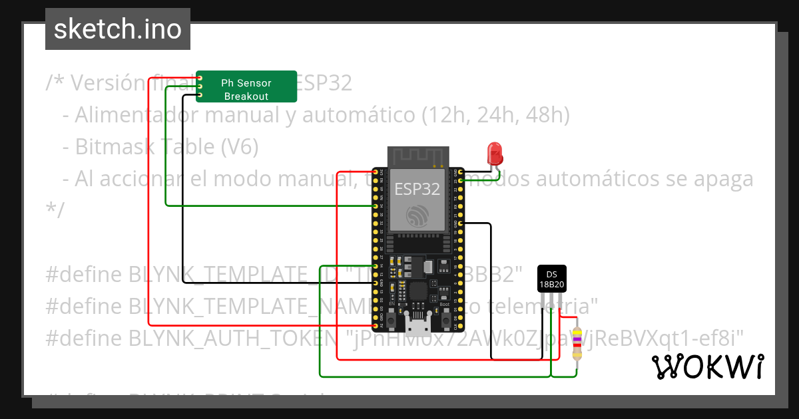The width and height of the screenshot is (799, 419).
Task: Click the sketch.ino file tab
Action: pyautogui.click(x=117, y=29)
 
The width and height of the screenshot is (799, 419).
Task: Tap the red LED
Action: pyautogui.click(x=495, y=154)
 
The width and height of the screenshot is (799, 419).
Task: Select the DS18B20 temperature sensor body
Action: pyautogui.click(x=551, y=279)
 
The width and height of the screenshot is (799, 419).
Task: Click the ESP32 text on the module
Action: pyautogui.click(x=417, y=189)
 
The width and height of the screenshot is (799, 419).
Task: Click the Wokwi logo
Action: pyautogui.click(x=707, y=366)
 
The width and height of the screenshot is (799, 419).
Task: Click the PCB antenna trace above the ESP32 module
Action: pyautogui.click(x=417, y=156)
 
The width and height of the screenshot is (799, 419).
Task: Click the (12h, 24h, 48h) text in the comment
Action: pyautogui.click(x=496, y=115)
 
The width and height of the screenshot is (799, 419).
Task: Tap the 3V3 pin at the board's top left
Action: pyautogui.click(x=376, y=172)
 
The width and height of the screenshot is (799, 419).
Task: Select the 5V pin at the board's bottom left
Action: pyautogui.click(x=376, y=325)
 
